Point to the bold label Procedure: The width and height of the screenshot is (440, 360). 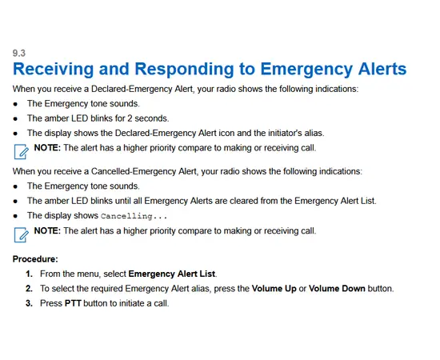[36, 258]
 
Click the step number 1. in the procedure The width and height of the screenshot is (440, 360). [29, 274]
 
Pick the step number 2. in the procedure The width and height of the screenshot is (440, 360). [29, 288]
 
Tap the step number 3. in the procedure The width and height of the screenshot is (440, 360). [29, 303]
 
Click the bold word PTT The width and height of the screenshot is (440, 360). [74, 303]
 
